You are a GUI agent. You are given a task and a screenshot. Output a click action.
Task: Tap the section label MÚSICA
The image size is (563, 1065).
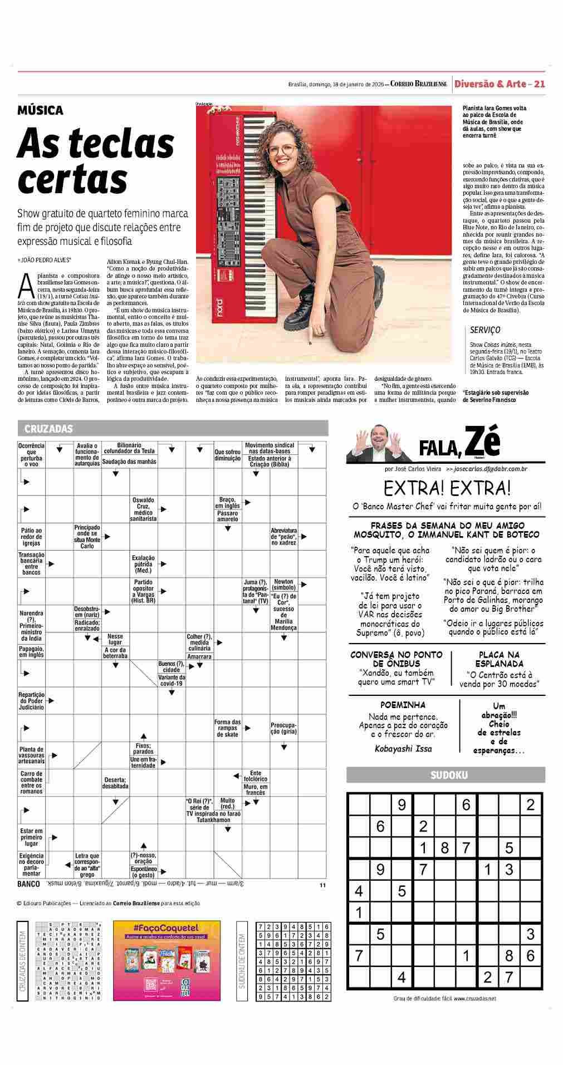coord(40,110)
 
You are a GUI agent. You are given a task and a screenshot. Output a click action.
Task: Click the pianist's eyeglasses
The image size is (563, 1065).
coord(283,150)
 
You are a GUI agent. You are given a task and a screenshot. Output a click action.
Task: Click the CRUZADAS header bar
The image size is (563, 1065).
coord(173,428)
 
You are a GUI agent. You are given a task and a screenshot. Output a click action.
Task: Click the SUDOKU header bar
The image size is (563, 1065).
coord(445,775)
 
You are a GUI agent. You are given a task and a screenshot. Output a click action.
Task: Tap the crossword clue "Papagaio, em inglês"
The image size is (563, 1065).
coord(32,652)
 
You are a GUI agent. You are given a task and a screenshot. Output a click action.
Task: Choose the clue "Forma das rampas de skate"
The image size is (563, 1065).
coord(227,728)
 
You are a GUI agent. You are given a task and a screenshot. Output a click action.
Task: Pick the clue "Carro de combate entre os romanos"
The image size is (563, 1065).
coord(31,783)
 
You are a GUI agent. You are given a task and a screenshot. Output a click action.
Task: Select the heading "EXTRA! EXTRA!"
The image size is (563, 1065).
coord(447,488)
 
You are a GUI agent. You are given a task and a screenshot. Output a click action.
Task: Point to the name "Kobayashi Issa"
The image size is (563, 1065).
coord(403,749)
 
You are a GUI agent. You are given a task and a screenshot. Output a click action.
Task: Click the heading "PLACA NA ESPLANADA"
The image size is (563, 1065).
coord(499,659)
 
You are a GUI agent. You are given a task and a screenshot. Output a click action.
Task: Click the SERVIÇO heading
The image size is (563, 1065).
coord(485,330)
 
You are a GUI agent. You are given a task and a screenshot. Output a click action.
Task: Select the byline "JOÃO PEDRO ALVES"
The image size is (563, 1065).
coord(45,260)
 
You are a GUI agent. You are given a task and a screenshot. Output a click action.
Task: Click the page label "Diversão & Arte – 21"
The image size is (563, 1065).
coord(499,84)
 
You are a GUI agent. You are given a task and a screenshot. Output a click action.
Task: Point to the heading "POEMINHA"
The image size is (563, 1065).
coord(403,705)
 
